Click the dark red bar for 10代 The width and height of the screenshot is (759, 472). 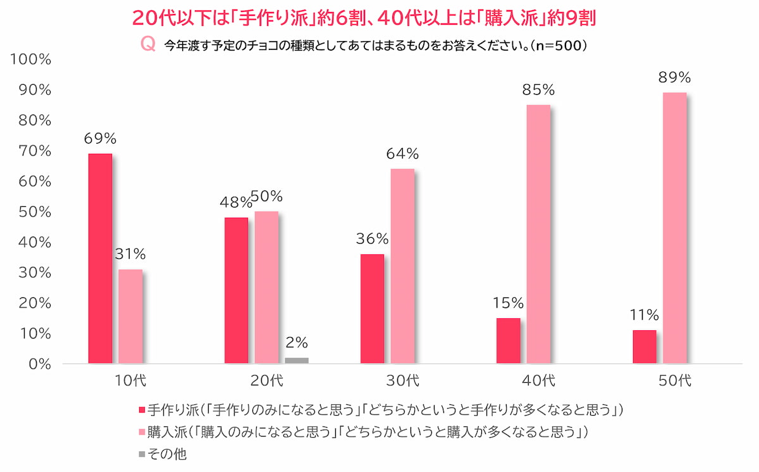(x=100, y=259)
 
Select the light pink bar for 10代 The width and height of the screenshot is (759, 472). (x=130, y=316)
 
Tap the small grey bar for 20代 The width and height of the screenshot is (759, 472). (x=297, y=361)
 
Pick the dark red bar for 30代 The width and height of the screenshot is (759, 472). (x=372, y=309)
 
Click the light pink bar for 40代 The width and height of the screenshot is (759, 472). (x=538, y=234)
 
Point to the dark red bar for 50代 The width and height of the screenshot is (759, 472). (x=645, y=347)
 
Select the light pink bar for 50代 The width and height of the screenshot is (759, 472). (x=674, y=228)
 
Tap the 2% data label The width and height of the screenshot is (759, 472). (x=297, y=343)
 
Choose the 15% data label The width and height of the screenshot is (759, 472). (x=509, y=304)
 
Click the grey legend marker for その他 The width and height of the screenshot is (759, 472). (x=141, y=454)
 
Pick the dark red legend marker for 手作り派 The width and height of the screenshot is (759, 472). (x=141, y=410)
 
